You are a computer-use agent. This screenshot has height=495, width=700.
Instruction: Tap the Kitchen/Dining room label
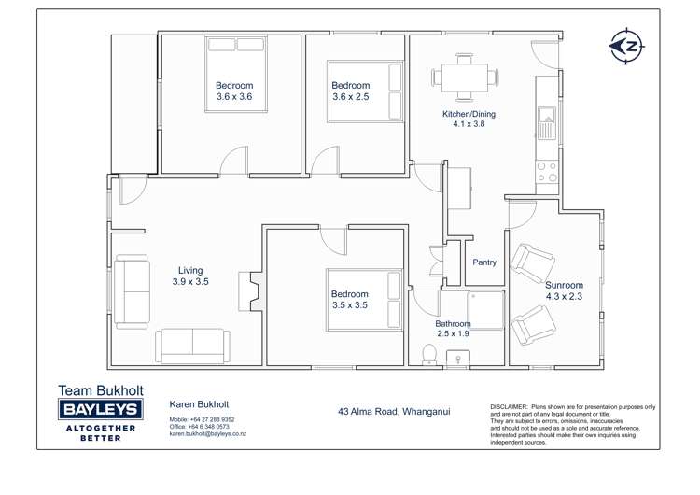pos(469,120)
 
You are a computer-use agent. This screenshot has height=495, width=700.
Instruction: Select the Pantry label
pos(484,262)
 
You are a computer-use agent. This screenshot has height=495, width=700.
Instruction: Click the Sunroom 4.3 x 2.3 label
pos(565,290)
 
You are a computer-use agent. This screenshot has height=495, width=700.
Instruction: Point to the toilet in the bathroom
pos(429,353)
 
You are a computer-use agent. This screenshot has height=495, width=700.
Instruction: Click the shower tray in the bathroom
pos(485,308)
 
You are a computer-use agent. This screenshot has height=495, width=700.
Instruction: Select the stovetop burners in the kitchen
pos(547,171)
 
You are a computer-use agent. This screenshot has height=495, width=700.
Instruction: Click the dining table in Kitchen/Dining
pos(464,77)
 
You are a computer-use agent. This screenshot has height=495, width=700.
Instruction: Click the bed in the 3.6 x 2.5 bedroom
pos(365,90)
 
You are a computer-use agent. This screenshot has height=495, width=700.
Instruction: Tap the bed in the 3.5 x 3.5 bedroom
pos(364,300)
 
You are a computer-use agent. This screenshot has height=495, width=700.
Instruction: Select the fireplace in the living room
pos(249,291)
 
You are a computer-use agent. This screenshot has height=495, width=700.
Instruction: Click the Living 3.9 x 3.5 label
pos(189,276)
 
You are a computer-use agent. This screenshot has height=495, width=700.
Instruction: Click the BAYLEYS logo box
pos(99,409)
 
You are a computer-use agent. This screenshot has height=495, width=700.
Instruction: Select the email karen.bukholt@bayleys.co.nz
pos(207,434)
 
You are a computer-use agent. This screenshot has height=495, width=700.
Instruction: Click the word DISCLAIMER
pos(509,408)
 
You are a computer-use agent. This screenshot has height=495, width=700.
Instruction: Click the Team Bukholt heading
pos(99,389)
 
